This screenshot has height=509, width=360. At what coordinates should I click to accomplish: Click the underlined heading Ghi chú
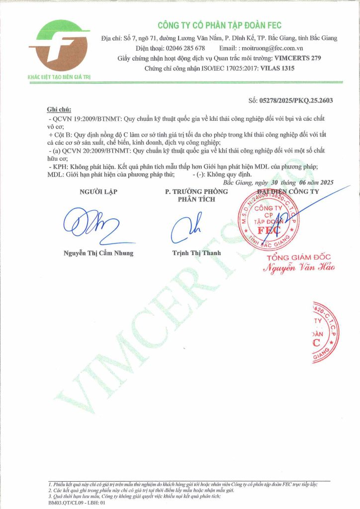(x=59, y=109)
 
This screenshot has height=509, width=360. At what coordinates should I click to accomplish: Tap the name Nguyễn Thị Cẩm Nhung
(x=98, y=253)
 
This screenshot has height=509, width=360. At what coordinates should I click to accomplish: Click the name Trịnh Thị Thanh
(x=193, y=253)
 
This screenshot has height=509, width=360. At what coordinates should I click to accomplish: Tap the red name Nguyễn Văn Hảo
(x=299, y=267)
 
